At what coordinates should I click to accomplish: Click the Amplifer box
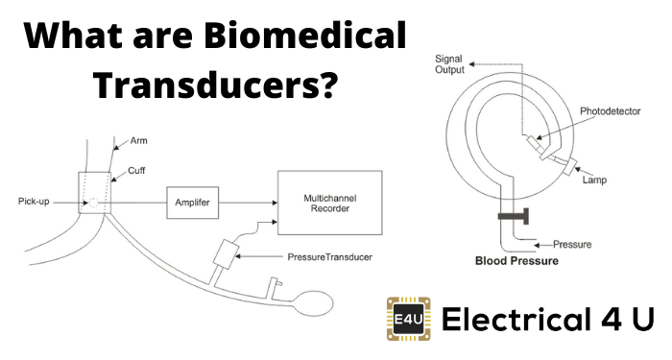pos(193,203)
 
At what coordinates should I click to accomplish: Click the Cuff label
pos(134,169)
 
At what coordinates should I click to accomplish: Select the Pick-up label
pos(39,202)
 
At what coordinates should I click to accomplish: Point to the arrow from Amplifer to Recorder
pos(247,203)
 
